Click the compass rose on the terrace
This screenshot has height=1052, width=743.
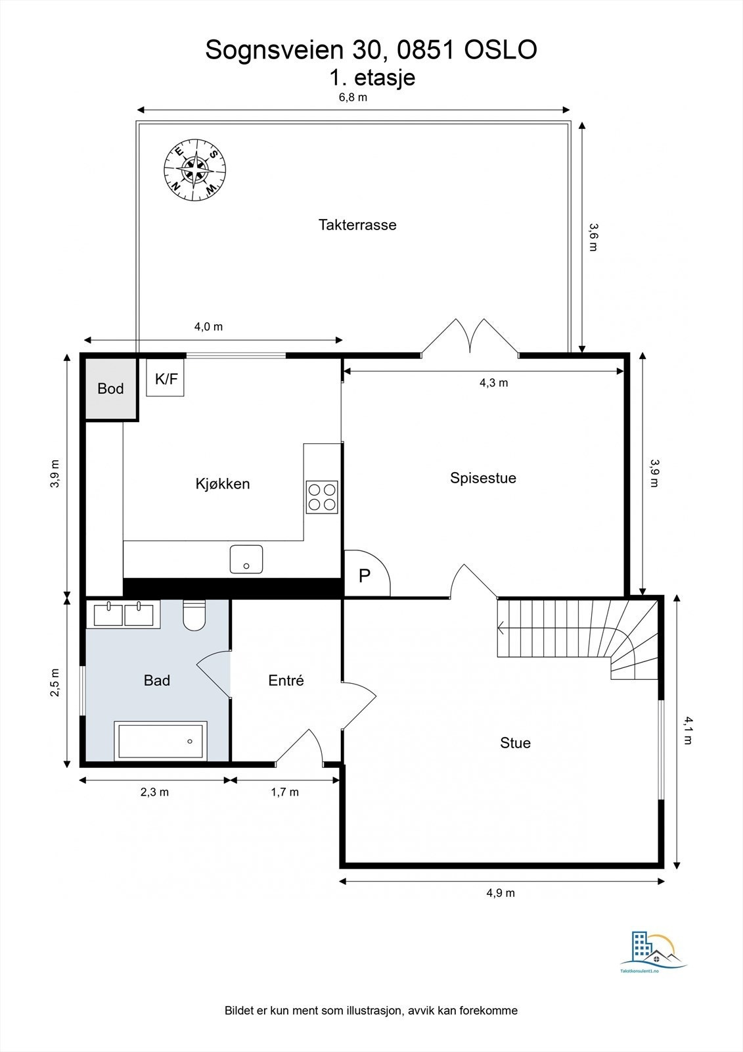click(194, 170)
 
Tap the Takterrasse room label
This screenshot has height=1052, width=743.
click(357, 225)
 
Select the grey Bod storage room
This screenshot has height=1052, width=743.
click(110, 388)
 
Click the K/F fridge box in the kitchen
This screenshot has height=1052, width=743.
click(166, 379)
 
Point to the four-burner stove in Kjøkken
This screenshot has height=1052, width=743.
click(322, 496)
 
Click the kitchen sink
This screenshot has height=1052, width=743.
click(246, 559)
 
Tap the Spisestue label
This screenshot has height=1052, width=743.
click(483, 478)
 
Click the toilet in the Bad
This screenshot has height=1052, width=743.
click(194, 615)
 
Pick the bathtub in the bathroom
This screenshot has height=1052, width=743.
click(161, 740)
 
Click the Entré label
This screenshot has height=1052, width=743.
click(286, 681)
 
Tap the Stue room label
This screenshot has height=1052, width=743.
click(515, 743)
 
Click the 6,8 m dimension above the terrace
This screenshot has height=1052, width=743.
click(353, 97)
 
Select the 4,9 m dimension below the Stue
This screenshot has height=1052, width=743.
click(501, 893)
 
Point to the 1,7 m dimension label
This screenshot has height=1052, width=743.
click(285, 792)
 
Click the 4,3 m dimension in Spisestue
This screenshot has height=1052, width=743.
click(493, 383)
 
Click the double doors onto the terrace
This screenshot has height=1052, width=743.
click(470, 339)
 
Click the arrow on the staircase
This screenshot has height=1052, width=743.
click(501, 628)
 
